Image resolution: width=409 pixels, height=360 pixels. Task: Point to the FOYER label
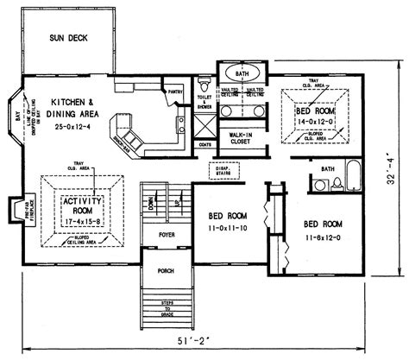click(167, 234)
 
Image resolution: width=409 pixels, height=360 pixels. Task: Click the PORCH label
click(166, 270)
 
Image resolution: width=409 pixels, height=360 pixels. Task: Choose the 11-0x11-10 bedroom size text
click(227, 228)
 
